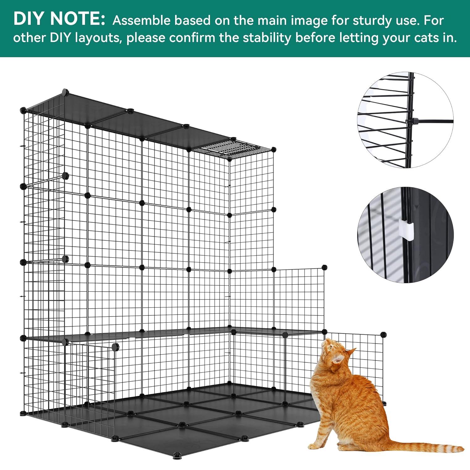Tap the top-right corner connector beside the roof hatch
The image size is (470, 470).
point(274,149)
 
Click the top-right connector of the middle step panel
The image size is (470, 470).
point(325,267)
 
